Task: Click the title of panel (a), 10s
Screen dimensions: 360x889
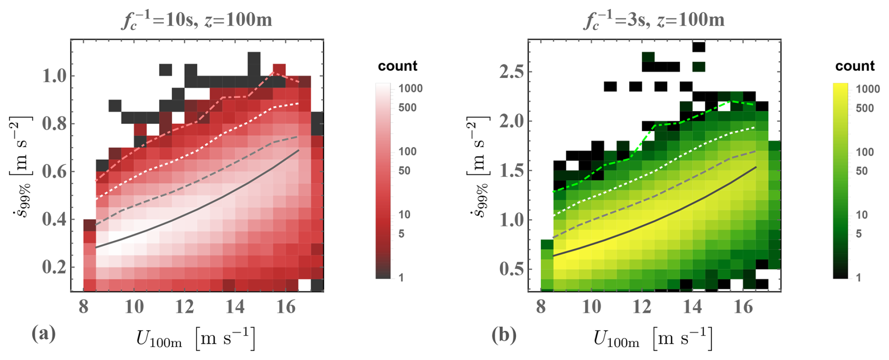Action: coord(196,20)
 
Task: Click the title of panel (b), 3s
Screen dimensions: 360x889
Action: coord(654,20)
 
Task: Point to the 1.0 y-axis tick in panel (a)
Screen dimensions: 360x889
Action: coord(54,76)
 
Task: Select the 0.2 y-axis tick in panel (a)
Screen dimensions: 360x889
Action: coord(54,267)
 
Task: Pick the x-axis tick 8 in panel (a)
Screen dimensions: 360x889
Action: coord(84,307)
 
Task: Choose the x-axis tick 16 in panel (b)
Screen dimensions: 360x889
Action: coord(743,307)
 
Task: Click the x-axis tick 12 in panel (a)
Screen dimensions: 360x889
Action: coord(185,307)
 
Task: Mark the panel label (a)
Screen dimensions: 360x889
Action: coord(43,334)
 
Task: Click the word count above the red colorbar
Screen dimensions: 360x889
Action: coord(398,66)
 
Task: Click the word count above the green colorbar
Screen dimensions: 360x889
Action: coord(855,66)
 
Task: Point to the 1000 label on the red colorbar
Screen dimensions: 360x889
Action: coord(411,88)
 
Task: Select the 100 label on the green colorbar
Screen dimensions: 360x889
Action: coord(865,152)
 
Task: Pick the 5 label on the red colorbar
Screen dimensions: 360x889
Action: coord(401,234)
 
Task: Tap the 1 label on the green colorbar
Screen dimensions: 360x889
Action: coord(858,277)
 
